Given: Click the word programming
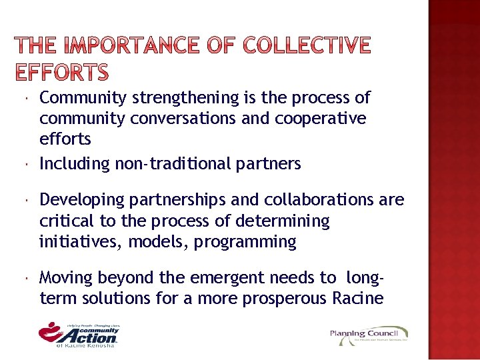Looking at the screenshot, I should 245,241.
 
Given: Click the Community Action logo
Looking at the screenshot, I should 79,333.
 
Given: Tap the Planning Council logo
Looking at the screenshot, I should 368,335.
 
